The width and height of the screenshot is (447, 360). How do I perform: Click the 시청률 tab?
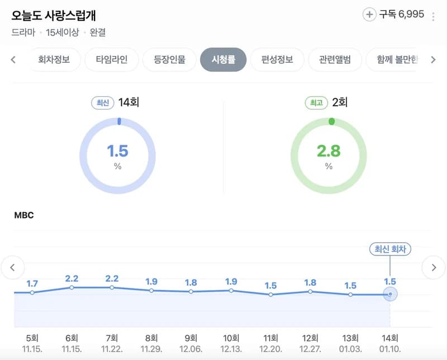tap(223, 60)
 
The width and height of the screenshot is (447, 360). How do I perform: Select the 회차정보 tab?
tap(54, 60)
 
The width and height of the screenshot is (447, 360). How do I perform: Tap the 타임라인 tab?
tap(111, 60)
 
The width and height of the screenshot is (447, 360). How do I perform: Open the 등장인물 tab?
tap(169, 60)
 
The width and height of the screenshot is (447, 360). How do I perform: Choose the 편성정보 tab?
tap(277, 60)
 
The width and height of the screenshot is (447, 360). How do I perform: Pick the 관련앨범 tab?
tap(335, 60)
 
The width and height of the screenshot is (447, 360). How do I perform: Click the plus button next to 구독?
tap(369, 15)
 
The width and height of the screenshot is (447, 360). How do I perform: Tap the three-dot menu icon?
tap(433, 17)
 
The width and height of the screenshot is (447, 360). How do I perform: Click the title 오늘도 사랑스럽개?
tap(54, 16)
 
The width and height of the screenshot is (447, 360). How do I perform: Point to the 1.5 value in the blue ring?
tap(117, 151)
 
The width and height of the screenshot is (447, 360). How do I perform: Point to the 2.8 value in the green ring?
tap(329, 151)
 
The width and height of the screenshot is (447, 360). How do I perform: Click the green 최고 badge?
tap(316, 103)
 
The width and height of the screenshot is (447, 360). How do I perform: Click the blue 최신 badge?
tap(103, 103)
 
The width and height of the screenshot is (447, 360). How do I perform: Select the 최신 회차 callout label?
tap(390, 249)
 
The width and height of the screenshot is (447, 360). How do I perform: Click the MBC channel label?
tap(24, 215)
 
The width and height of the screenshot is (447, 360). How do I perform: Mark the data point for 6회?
tap(72, 287)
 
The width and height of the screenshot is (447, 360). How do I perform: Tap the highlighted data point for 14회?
tap(390, 294)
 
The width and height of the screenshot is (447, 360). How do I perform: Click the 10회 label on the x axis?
tap(231, 338)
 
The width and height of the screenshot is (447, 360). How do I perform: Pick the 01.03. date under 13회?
tap(350, 349)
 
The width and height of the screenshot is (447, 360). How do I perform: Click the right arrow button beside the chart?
tap(434, 267)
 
